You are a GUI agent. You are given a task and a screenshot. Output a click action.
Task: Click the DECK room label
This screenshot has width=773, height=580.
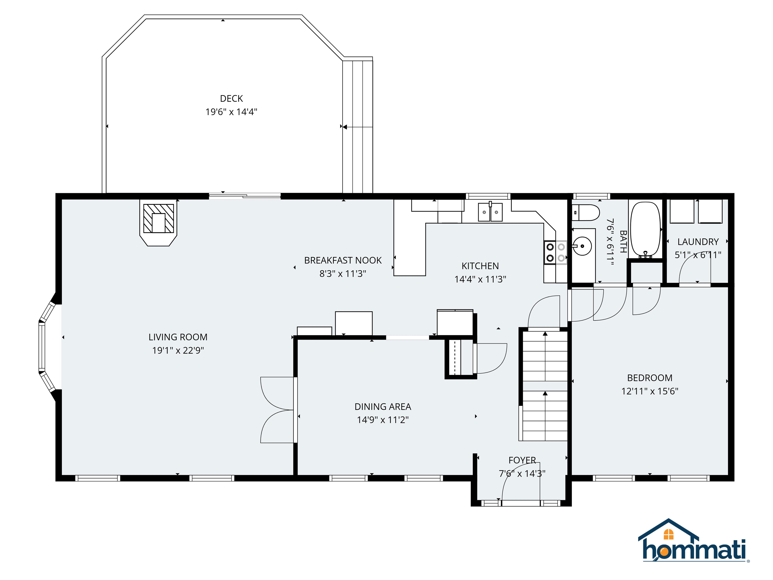click(x=231, y=99)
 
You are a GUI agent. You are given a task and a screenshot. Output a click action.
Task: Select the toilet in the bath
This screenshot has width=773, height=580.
click(x=586, y=212)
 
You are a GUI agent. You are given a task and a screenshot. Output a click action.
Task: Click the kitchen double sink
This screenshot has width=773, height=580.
click(x=490, y=212)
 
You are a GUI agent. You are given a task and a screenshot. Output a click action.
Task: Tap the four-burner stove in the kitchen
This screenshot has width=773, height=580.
click(x=555, y=252)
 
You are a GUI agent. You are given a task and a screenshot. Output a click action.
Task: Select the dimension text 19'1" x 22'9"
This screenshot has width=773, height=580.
click(x=178, y=350)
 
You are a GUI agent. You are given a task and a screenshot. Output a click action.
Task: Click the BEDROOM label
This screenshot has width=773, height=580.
click(x=649, y=378)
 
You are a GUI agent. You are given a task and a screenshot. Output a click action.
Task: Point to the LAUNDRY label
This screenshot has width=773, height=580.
click(x=698, y=242)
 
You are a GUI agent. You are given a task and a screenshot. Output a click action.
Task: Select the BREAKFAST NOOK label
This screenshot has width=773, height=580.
click(x=342, y=261)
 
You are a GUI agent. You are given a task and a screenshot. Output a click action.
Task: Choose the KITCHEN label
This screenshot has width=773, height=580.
click(x=480, y=266)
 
